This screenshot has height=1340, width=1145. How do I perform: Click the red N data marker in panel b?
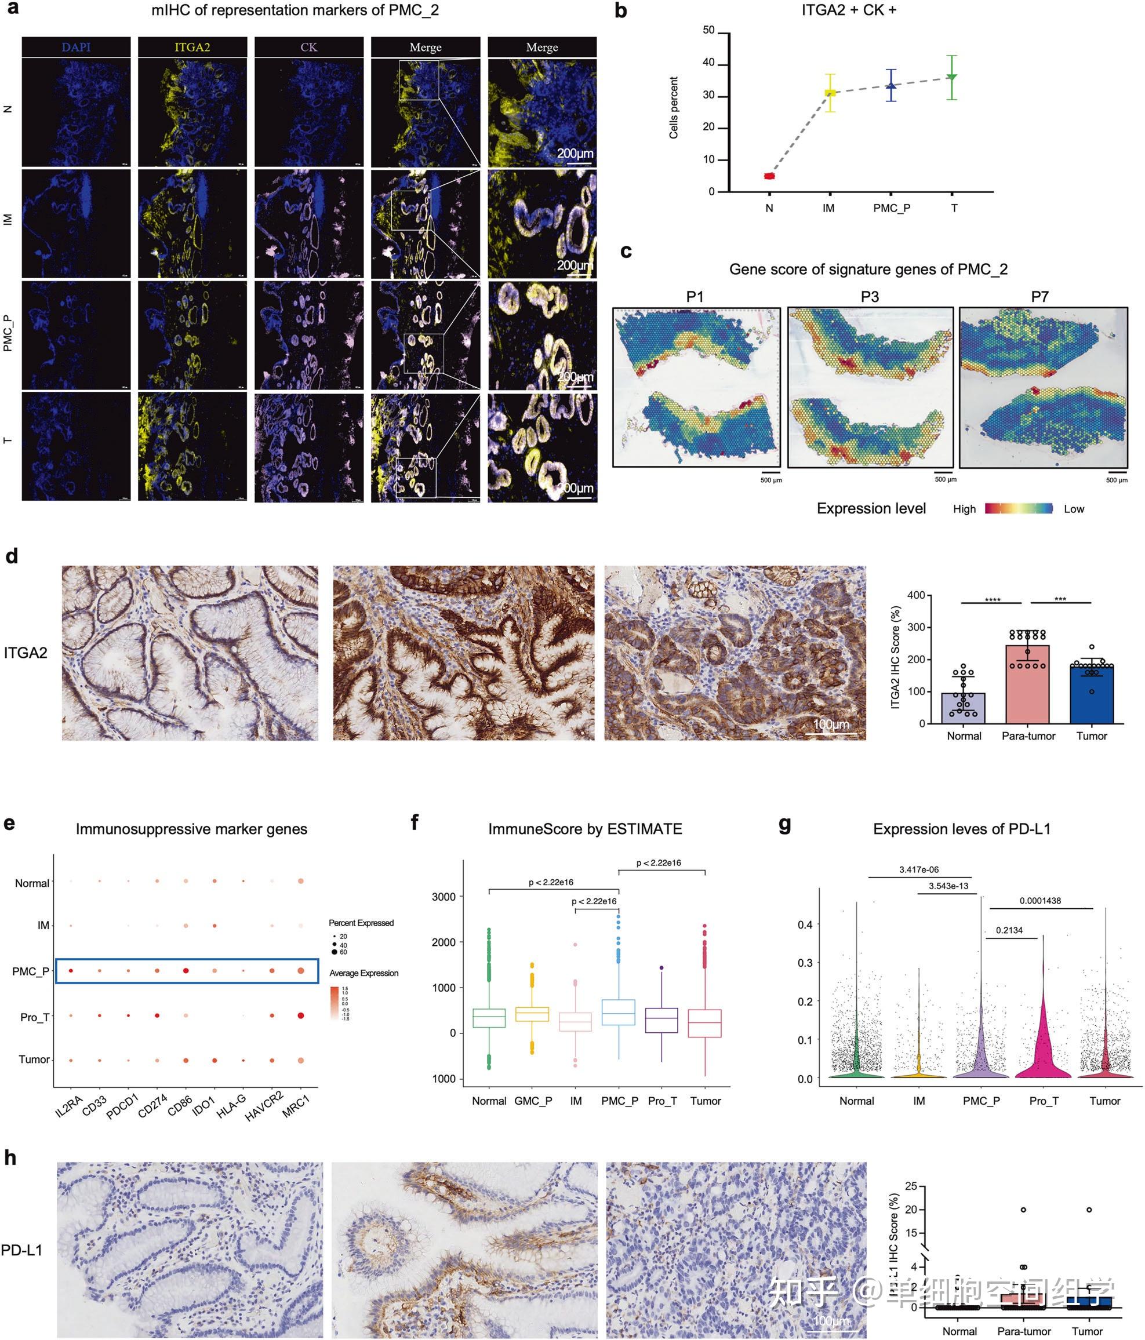[769, 176]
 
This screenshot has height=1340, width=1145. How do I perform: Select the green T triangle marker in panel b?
[951, 77]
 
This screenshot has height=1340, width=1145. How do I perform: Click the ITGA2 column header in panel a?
[192, 47]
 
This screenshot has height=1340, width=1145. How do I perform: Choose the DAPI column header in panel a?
[77, 47]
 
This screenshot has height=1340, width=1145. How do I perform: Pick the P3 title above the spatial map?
[870, 297]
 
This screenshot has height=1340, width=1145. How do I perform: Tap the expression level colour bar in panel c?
[1019, 508]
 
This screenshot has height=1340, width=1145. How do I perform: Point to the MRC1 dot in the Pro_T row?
[301, 1016]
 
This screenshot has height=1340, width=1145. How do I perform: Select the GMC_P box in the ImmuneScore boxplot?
[532, 1014]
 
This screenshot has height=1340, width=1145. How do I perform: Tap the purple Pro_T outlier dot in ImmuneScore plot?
[661, 968]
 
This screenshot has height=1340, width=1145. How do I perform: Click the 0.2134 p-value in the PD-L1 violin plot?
[1009, 931]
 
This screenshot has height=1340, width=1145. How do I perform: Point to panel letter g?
[784, 825]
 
